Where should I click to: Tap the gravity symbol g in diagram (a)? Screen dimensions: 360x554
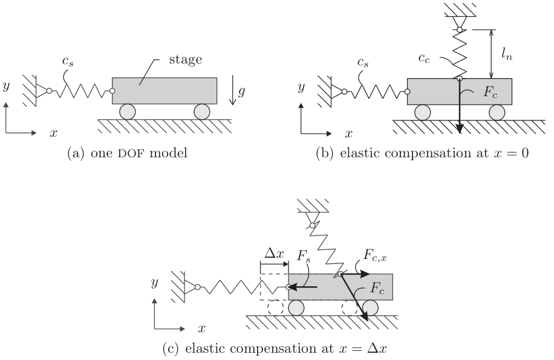pyautogui.click(x=241, y=92)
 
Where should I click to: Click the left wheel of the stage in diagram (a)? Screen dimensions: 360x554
pyautogui.click(x=127, y=112)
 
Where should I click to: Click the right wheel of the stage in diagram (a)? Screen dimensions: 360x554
pyautogui.click(x=201, y=112)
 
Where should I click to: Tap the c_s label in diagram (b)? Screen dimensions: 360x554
pyautogui.click(x=363, y=62)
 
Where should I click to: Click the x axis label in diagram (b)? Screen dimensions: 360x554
pyautogui.click(x=348, y=133)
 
